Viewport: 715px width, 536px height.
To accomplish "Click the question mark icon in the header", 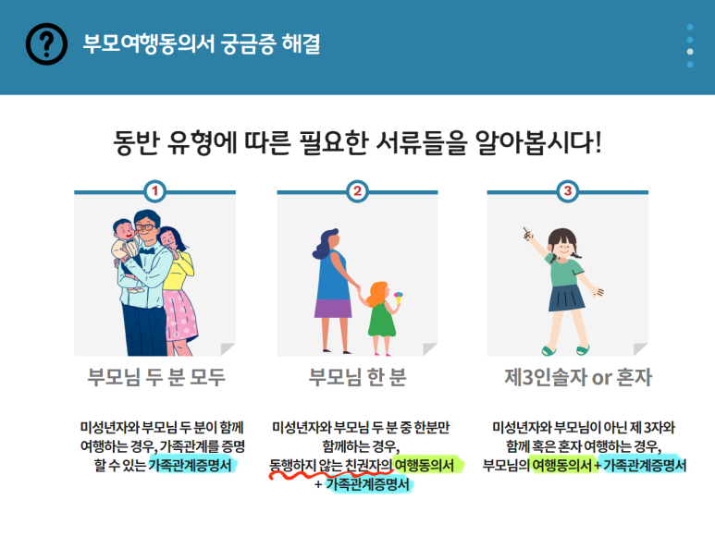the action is coord(46,43).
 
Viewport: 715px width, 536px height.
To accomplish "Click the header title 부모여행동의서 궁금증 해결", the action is coord(201,44).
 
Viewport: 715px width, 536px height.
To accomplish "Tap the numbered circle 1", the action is coord(154,191).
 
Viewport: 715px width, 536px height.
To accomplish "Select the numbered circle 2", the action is coord(357,191).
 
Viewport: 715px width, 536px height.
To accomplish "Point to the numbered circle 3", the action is coord(567,191).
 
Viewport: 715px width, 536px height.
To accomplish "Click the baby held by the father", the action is coord(127,250).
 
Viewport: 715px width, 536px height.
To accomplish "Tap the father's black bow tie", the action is coord(146,250).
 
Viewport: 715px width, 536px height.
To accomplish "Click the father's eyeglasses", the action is coord(145,227).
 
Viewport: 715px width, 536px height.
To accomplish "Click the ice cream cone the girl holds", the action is coord(399,298).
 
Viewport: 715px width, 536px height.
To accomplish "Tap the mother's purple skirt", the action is coord(333,309).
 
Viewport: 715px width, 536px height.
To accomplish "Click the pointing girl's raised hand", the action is coord(528,234).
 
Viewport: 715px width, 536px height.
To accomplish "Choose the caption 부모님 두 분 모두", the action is coord(156,378).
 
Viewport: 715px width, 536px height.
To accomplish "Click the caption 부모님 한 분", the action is coord(357,378).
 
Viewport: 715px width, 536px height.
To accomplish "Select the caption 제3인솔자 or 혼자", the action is coord(578,378).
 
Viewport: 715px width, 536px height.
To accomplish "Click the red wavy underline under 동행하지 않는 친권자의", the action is coord(331,474).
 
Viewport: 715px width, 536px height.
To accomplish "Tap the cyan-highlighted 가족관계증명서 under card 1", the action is coord(191,465).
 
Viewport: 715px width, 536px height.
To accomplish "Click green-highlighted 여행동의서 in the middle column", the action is coord(425,465).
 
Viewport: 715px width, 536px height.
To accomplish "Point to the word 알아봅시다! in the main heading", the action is coord(538,143).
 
